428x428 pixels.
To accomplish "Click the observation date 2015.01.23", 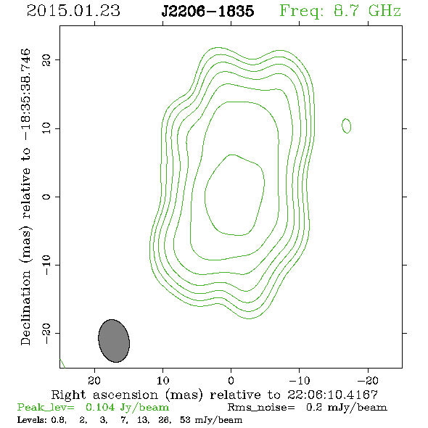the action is tap(73, 11).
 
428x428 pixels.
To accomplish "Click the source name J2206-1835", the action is tap(207, 12).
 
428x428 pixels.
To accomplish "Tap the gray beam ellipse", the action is tap(114, 341).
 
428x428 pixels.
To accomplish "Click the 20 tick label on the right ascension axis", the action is tap(94, 380).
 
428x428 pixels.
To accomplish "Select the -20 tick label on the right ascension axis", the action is tap(368, 380).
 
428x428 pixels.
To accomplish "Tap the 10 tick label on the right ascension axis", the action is tap(162, 380).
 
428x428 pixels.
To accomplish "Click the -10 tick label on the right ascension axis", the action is tap(300, 380).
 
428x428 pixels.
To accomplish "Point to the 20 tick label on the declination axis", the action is tap(46, 59).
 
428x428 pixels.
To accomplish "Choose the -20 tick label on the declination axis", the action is tap(46, 333).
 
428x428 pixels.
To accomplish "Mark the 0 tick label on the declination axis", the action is tap(46, 197).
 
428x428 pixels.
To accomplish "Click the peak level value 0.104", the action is tap(100, 407).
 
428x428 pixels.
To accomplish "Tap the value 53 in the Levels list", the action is tap(185, 419).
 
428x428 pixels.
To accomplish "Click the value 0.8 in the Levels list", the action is tap(58, 419).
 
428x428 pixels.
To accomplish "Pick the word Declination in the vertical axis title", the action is tap(25, 308).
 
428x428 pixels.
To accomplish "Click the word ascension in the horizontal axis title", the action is tap(125, 395).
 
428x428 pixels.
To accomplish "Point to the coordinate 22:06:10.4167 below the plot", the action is tap(332, 395).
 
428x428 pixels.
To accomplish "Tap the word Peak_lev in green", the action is tap(45, 408).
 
